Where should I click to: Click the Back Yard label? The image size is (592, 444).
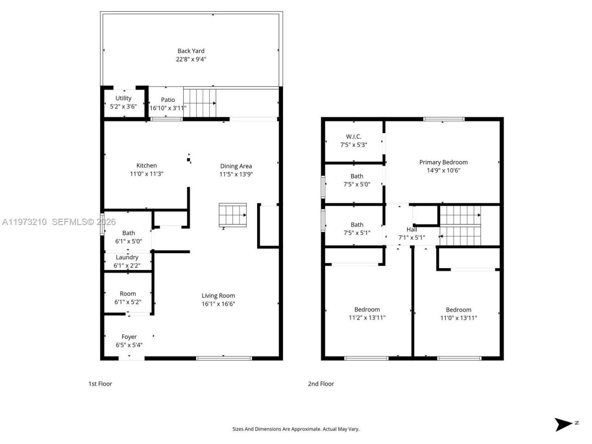coord(191,51)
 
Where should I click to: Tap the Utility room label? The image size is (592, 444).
coord(123,98)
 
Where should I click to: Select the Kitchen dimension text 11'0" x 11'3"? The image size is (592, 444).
coord(147,174)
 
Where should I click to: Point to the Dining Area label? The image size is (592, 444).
coord(236,166)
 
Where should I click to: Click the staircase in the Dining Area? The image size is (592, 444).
coord(233,215)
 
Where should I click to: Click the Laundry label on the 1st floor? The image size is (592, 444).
coord(127,257)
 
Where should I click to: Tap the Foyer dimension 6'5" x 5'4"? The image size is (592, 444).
coord(129,345)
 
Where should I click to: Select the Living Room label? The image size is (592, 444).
coord(218,296)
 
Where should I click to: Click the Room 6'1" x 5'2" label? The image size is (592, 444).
coord(128,294)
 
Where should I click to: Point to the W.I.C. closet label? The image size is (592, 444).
coord(354,136)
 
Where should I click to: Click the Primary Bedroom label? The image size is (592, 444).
coord(443,162)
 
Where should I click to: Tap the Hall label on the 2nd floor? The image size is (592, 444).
coord(412,229)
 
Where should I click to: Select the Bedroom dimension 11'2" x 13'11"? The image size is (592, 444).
coord(367,318)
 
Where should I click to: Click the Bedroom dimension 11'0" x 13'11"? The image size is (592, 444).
coord(458,318)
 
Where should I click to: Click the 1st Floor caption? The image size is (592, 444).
coord(100,384)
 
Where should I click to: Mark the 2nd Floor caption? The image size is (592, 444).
coord(321,384)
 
